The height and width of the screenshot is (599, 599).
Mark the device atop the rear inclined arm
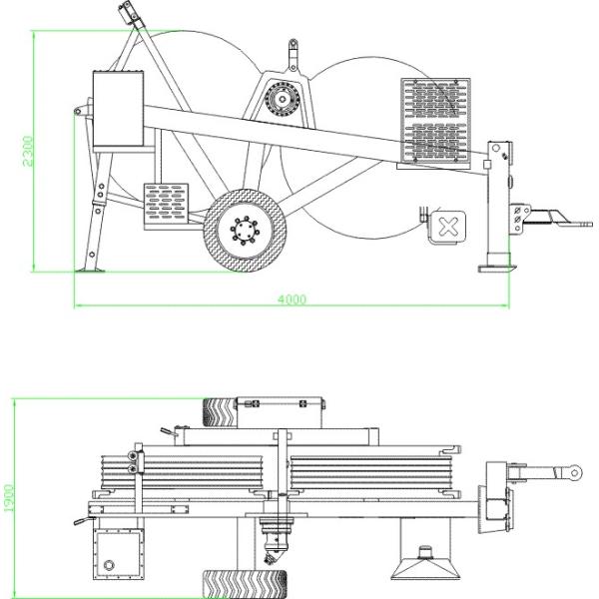point(128,16)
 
